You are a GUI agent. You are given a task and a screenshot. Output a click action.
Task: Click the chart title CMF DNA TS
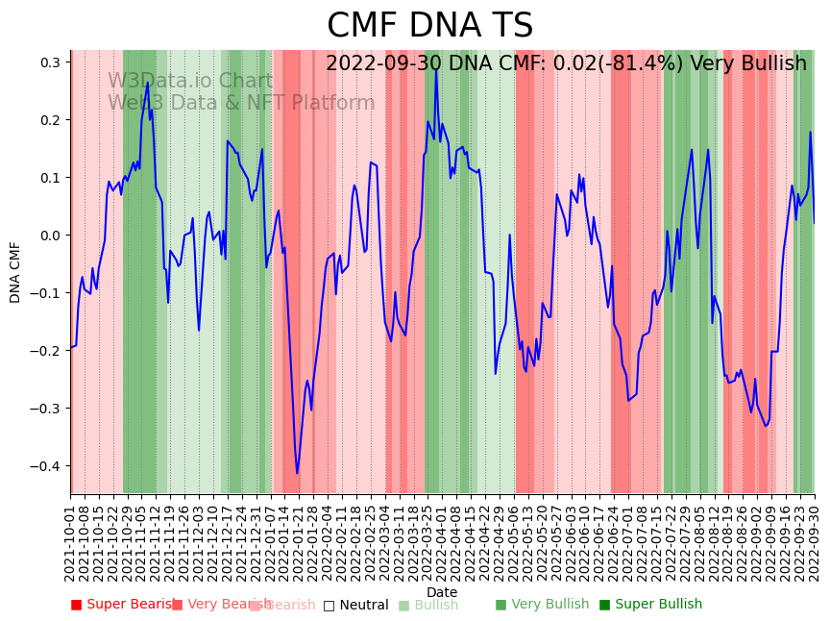[429, 26]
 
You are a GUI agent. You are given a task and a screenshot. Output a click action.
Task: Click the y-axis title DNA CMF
[15, 272]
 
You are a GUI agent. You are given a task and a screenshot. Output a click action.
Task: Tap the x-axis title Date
[442, 592]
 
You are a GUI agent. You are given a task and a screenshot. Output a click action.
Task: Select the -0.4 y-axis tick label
[48, 466]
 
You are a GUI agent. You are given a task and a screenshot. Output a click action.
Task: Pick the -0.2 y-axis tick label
[48, 351]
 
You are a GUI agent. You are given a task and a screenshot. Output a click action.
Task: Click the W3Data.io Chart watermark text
[189, 81]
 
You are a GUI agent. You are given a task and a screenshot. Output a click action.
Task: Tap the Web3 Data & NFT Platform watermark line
[240, 103]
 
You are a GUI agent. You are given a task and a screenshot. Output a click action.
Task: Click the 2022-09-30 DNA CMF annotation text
[566, 63]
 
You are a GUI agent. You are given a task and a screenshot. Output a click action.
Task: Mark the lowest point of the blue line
[297, 473]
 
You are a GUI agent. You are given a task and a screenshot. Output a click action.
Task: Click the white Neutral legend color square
[329, 605]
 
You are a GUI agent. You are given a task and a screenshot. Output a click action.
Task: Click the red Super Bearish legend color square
[76, 605]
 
